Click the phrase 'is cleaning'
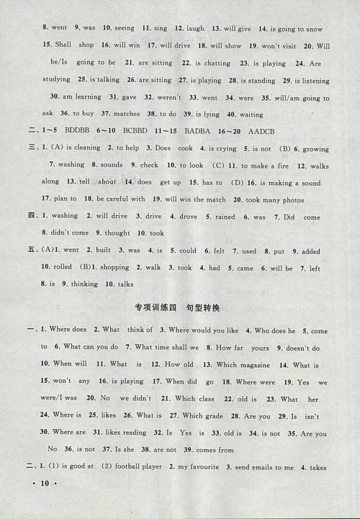click(92, 148)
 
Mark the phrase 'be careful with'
click(120, 199)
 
